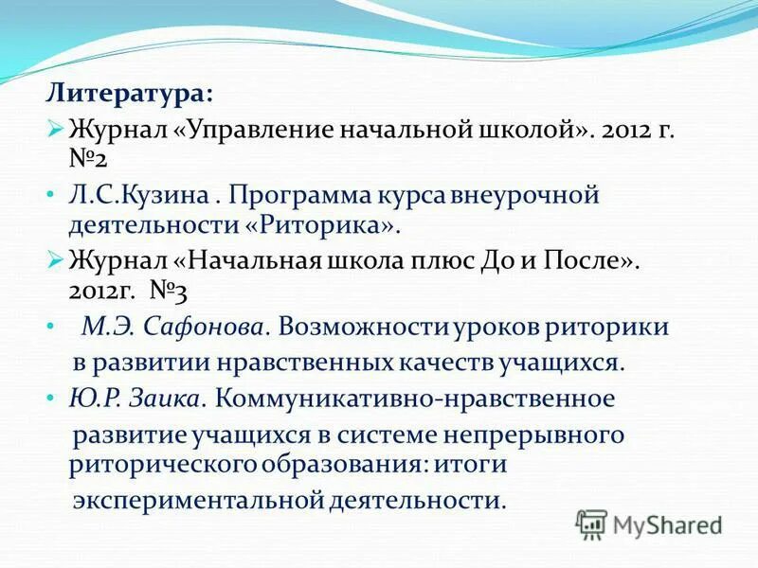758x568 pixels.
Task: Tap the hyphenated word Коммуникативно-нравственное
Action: click(x=415, y=399)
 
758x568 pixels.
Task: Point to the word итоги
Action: click(x=468, y=464)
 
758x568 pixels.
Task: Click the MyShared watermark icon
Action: click(x=592, y=524)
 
